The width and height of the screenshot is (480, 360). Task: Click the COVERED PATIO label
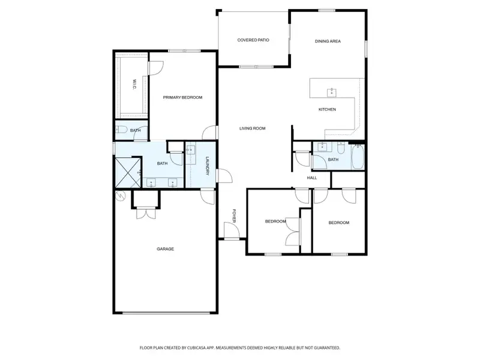(253, 40)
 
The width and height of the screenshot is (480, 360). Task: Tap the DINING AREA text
(328, 41)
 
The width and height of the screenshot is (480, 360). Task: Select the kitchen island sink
(331, 92)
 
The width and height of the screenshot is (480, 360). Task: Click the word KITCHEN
(326, 109)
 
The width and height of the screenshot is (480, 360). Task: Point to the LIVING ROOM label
(252, 128)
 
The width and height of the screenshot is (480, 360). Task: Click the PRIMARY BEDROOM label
(182, 97)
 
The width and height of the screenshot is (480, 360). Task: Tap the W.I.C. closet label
(134, 85)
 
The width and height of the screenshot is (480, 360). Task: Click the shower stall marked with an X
(127, 172)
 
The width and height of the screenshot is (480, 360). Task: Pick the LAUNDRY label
(207, 166)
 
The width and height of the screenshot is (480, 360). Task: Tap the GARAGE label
(166, 249)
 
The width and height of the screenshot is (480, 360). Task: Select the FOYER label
(235, 216)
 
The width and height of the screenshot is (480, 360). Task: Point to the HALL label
(312, 178)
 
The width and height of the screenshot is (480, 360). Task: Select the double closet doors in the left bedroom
(292, 230)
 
